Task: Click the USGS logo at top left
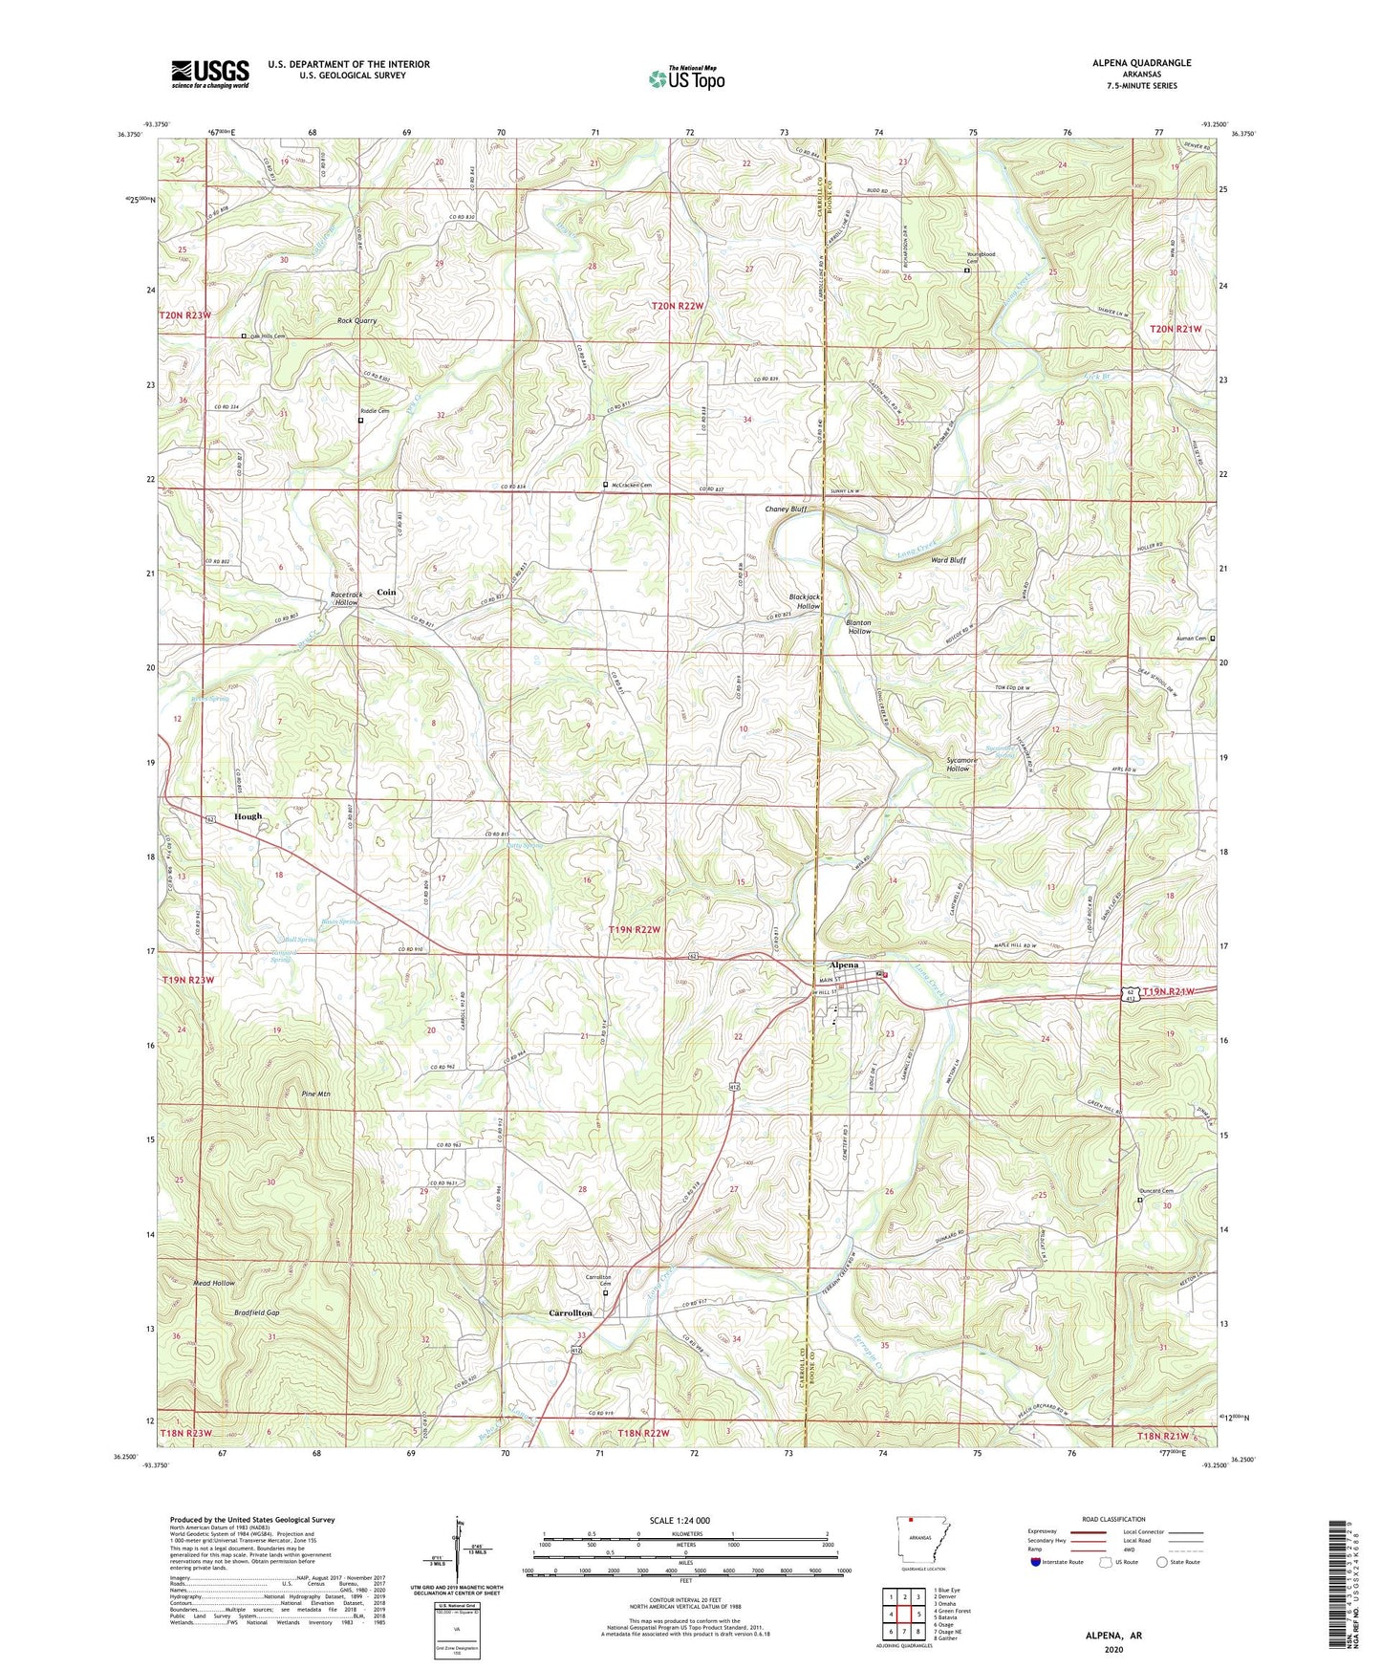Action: pyautogui.click(x=209, y=74)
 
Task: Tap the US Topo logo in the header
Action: pyautogui.click(x=685, y=78)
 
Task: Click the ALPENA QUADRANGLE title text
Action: pyautogui.click(x=1141, y=63)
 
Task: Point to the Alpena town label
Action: pyautogui.click(x=844, y=965)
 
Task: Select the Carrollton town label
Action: pyautogui.click(x=571, y=1312)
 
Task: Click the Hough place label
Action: pyautogui.click(x=248, y=816)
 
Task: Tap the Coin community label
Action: pyautogui.click(x=386, y=592)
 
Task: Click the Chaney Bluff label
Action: pyautogui.click(x=786, y=509)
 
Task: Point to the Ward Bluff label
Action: pyautogui.click(x=947, y=560)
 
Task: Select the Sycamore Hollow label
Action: pyautogui.click(x=961, y=765)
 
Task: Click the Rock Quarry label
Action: pyautogui.click(x=356, y=321)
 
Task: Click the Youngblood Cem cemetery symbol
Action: pyautogui.click(x=965, y=271)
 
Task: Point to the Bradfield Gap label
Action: pyautogui.click(x=256, y=1312)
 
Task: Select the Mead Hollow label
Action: pyautogui.click(x=213, y=1283)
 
